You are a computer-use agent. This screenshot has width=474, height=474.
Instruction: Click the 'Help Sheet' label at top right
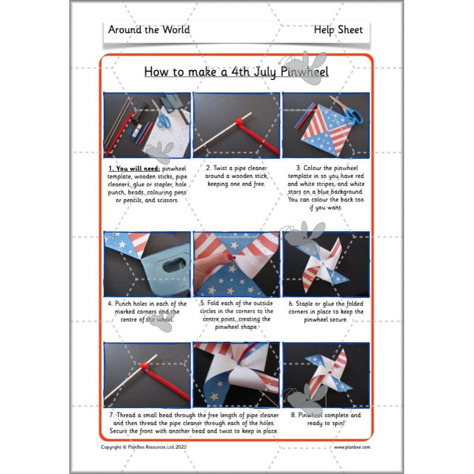click(x=338, y=30)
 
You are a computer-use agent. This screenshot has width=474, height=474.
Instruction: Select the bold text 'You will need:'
click(x=130, y=168)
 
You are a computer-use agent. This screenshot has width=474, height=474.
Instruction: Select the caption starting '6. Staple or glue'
click(x=326, y=312)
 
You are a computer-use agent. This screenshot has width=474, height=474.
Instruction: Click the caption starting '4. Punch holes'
click(x=147, y=312)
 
